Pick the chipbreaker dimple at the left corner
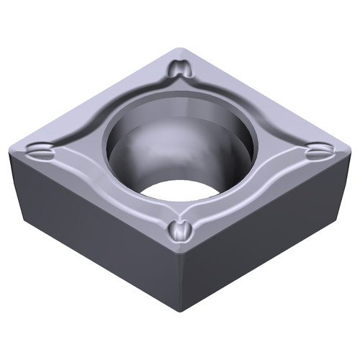coord(41,152)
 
